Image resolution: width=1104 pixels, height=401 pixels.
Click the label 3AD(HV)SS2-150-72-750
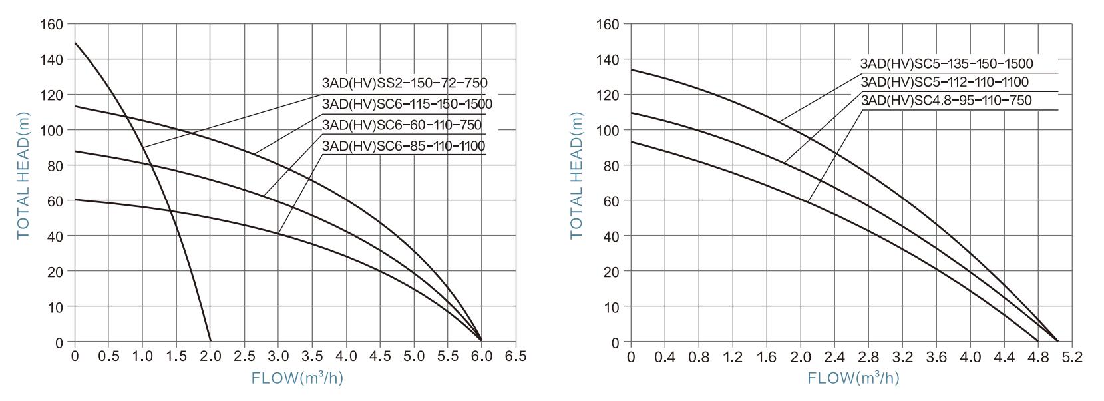click(404, 83)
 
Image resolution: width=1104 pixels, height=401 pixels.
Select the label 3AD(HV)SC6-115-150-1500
click(407, 104)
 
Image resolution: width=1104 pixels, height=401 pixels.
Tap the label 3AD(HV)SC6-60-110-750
click(401, 125)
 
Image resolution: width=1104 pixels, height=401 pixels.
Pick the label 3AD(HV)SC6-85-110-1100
click(403, 145)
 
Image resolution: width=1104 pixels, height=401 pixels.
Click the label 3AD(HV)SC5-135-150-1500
click(946, 64)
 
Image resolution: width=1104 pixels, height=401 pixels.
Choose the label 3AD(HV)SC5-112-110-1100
click(944, 82)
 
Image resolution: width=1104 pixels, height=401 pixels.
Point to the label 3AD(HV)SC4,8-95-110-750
click(946, 101)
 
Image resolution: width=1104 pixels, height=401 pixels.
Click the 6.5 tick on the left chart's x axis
click(516, 356)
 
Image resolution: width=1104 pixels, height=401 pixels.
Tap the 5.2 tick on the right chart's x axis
click(1072, 357)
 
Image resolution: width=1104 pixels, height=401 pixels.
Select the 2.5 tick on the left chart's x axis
click(244, 356)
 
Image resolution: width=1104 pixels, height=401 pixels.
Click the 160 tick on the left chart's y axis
click(56, 25)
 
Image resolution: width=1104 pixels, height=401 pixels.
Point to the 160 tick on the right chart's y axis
click(610, 25)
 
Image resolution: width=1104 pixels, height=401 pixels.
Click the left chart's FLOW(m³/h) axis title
click(297, 378)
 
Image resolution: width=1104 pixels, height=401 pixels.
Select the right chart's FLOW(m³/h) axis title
click(853, 378)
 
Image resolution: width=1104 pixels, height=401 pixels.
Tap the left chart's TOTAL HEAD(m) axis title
click(23, 175)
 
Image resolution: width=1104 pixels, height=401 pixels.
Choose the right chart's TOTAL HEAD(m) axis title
click(576, 175)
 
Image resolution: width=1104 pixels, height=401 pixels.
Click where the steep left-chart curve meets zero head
click(210, 341)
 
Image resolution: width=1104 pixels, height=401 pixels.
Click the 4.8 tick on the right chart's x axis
click(1038, 357)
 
